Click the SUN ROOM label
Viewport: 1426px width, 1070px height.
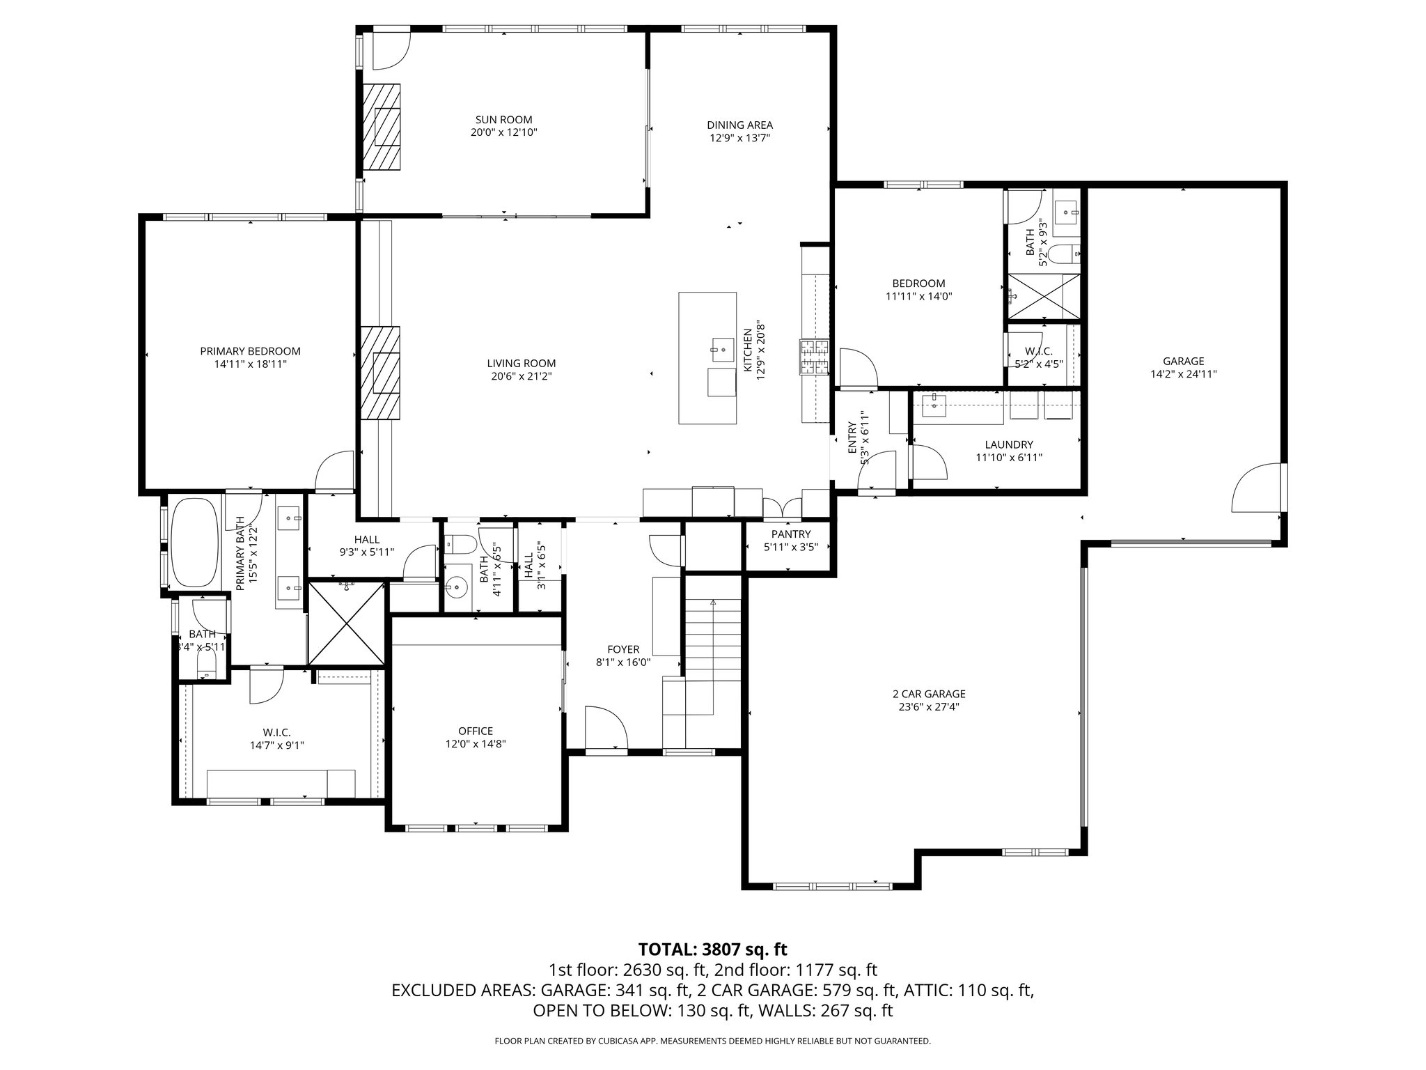pyautogui.click(x=503, y=120)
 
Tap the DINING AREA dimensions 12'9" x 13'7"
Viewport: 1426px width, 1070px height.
pyautogui.click(x=739, y=138)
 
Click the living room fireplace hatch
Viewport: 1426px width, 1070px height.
pyautogui.click(x=380, y=373)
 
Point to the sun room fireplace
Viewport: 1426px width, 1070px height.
pyautogui.click(x=382, y=126)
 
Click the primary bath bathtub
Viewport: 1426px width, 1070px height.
pyautogui.click(x=194, y=541)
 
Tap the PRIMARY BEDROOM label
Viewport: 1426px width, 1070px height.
pyautogui.click(x=250, y=351)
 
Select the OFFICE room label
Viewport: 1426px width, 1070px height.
pyautogui.click(x=476, y=731)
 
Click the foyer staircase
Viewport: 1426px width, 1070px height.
pyautogui.click(x=713, y=641)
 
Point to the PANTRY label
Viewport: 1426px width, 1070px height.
pyautogui.click(x=790, y=534)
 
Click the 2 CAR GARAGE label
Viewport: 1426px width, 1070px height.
pyautogui.click(x=929, y=694)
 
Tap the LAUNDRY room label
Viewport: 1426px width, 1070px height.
pyautogui.click(x=1009, y=444)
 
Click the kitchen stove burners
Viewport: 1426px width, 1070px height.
pyautogui.click(x=814, y=358)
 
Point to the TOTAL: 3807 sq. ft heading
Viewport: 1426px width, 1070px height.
pyautogui.click(x=712, y=949)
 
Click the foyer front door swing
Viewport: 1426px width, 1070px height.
pyautogui.click(x=606, y=727)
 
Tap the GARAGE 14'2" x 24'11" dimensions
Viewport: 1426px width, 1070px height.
pyautogui.click(x=1183, y=373)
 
